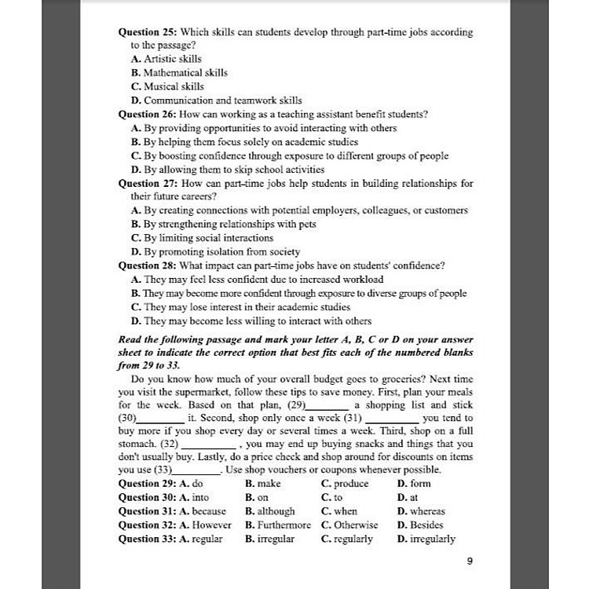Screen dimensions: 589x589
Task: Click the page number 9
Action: [x=469, y=561]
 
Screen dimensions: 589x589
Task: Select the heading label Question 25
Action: [x=148, y=32]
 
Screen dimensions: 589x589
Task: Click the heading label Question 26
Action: [x=148, y=114]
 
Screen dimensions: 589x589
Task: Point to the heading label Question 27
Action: [x=148, y=183]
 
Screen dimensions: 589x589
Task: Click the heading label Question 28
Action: [x=148, y=265]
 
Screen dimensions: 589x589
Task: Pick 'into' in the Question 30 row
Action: [x=200, y=498]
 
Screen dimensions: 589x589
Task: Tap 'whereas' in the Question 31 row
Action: [x=427, y=511]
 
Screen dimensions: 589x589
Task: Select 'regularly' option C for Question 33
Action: [x=353, y=540]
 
